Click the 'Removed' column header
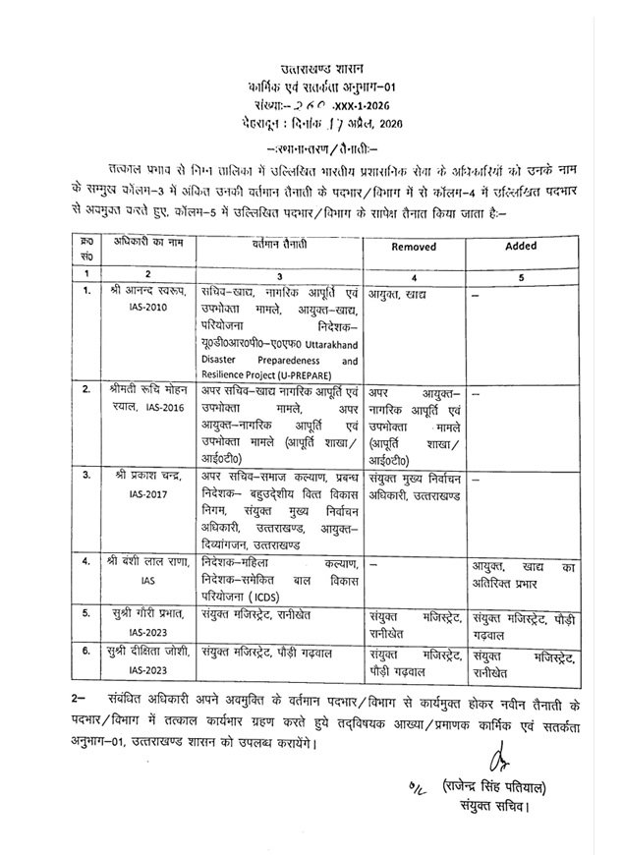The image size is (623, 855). [x=414, y=249]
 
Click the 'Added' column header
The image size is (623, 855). [x=521, y=249]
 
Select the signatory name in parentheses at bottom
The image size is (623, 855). [x=493, y=789]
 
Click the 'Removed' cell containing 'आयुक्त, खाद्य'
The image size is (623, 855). [x=403, y=292]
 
